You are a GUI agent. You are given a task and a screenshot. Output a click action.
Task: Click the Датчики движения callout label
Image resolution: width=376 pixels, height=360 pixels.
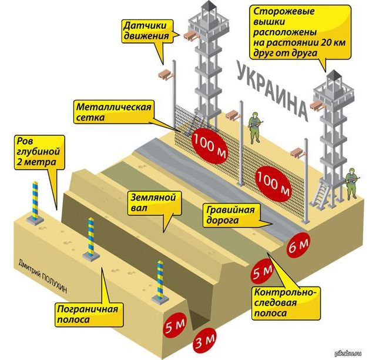tap(147, 31)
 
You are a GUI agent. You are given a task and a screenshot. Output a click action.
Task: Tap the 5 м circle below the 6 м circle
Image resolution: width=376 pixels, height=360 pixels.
tap(262, 272)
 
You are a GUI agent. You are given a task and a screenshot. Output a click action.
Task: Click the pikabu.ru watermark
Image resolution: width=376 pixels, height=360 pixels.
tap(353, 353)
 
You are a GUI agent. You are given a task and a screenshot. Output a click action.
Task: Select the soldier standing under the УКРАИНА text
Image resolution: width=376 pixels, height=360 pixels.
tap(255, 128)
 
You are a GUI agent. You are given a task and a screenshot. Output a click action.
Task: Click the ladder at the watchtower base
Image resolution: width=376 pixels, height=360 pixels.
tap(321, 194)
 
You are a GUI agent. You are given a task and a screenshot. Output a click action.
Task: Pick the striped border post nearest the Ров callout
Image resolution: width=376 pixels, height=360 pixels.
tap(35, 202)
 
